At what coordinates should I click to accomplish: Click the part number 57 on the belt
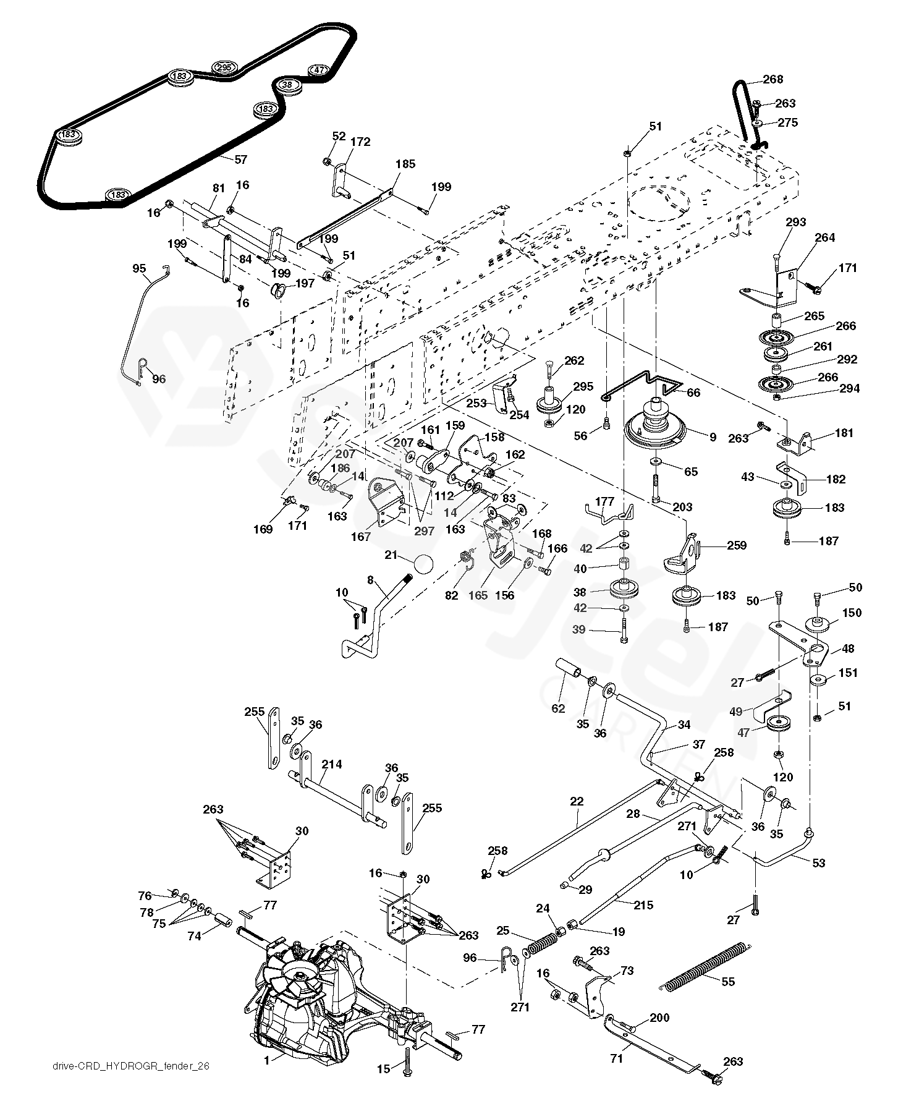coord(240,159)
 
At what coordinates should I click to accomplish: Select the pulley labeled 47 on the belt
coord(318,70)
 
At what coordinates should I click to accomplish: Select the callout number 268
coord(773,79)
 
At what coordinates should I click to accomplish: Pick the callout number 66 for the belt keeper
coord(693,392)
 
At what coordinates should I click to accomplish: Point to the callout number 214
coord(331,764)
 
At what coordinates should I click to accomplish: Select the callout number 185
coord(405,164)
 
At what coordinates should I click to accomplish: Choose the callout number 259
coord(736,545)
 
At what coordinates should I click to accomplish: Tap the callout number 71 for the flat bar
coord(617,1059)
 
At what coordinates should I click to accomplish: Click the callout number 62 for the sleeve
coord(558,708)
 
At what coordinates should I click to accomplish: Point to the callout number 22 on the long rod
coord(577,802)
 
